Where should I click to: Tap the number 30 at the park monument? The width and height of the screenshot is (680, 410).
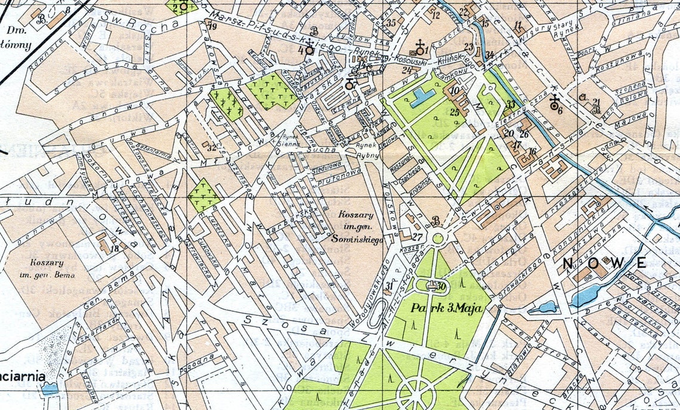click(441, 287)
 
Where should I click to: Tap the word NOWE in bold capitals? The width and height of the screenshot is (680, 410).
click(604, 263)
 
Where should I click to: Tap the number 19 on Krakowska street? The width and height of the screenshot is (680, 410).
click(212, 26)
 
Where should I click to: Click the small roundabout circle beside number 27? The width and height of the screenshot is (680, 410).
click(438, 238)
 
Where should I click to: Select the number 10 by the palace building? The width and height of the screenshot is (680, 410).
click(455, 91)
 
